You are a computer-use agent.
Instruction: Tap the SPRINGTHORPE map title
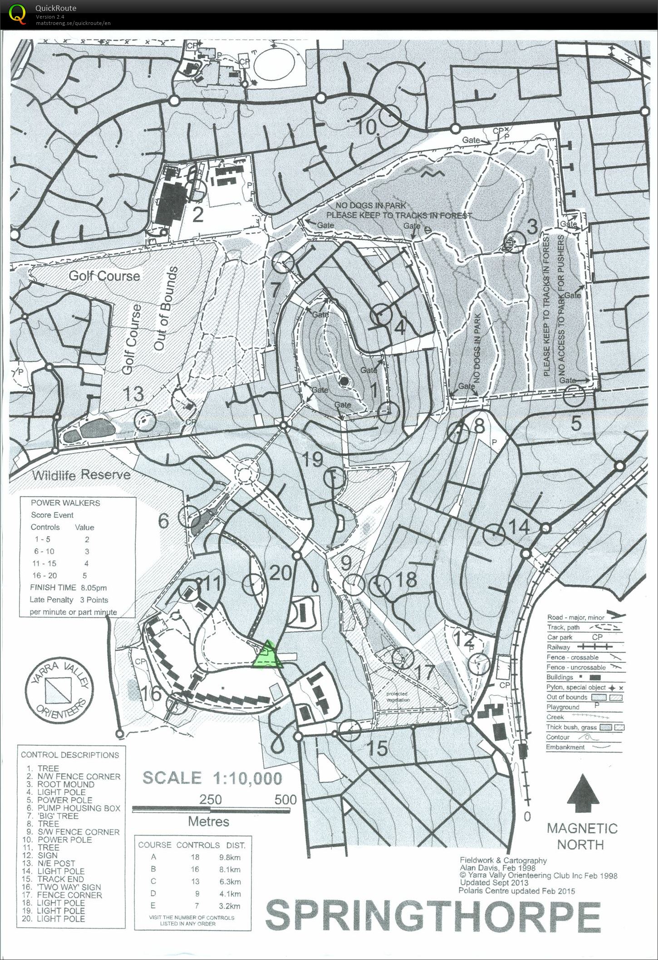click(x=432, y=916)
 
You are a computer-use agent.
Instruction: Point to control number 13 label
click(x=133, y=394)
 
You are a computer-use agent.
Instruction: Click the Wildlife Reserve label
click(x=81, y=475)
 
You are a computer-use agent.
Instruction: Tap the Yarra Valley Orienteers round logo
click(x=59, y=688)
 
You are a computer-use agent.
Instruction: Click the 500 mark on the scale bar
click(x=285, y=799)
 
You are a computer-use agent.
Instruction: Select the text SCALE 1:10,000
click(x=212, y=778)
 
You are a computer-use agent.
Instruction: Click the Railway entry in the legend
click(x=559, y=648)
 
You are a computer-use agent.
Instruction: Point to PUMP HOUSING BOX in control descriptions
click(x=79, y=808)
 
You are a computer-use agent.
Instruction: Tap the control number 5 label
click(x=575, y=423)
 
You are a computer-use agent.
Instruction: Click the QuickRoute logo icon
click(x=18, y=14)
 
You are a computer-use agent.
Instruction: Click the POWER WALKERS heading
click(x=65, y=503)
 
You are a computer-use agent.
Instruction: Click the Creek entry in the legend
click(x=555, y=717)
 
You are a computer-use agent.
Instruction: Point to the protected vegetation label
click(x=397, y=697)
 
